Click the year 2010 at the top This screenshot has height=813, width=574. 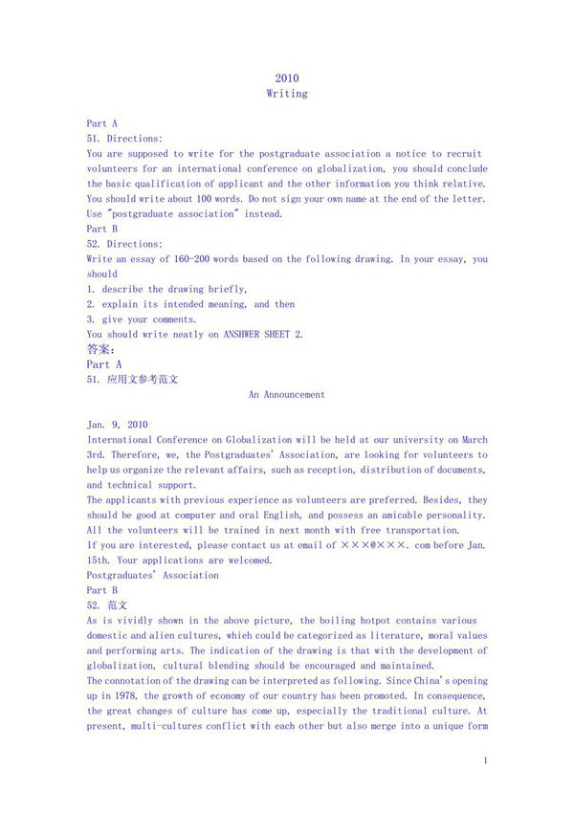pos(287,78)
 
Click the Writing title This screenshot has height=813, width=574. pos(287,94)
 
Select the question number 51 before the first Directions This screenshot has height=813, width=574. pos(94,139)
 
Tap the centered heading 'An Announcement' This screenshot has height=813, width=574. pos(287,394)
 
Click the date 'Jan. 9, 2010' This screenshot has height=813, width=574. pos(117,425)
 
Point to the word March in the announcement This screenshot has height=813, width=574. pos(472,440)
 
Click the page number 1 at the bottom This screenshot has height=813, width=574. pos(486,760)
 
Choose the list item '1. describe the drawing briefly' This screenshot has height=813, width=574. pos(167,289)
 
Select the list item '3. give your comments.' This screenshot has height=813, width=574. pos(142,319)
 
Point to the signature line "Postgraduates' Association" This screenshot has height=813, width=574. pos(152,576)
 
